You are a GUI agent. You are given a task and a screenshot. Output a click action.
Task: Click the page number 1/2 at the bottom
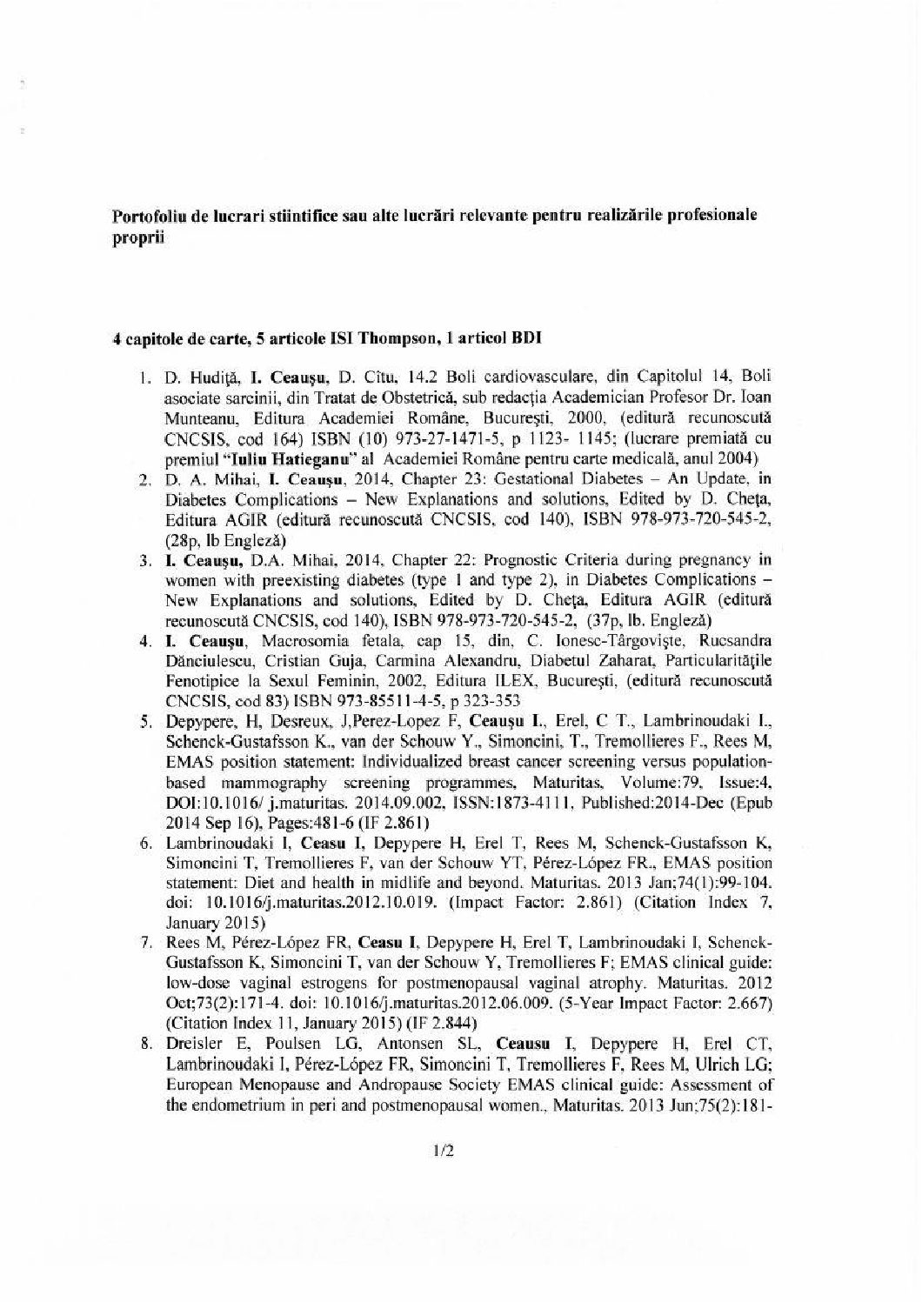(444, 1152)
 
